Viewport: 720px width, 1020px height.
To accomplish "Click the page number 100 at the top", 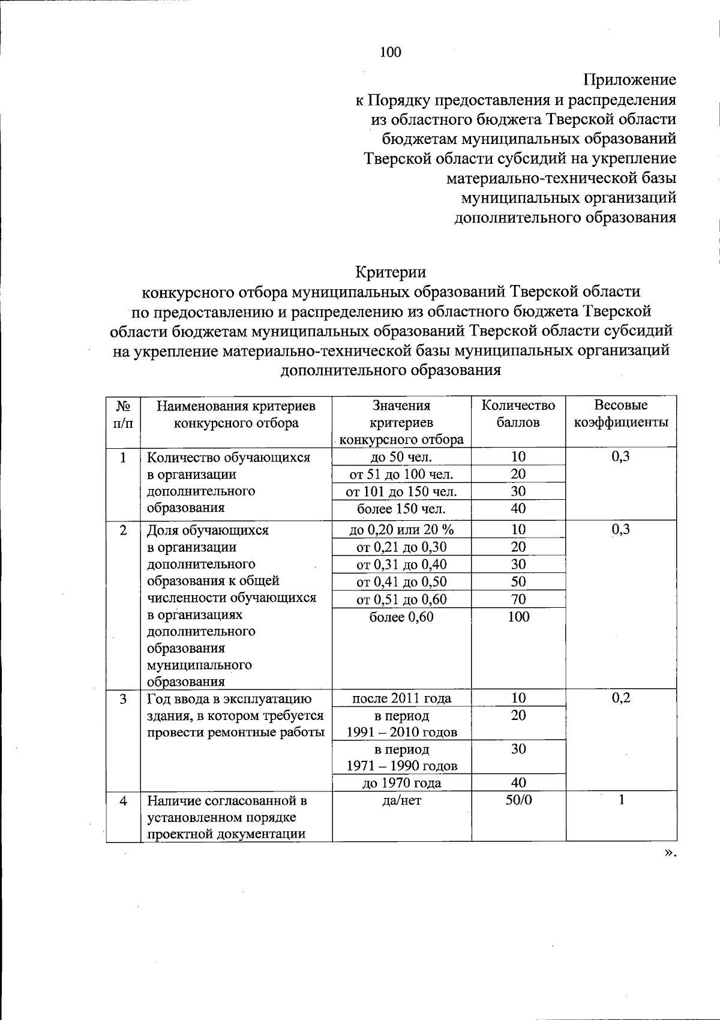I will (390, 53).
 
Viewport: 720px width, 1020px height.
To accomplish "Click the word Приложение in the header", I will (629, 80).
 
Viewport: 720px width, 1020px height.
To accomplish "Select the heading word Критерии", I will (391, 272).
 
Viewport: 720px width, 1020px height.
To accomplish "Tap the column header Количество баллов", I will (518, 414).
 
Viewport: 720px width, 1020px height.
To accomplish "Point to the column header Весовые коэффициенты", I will (621, 414).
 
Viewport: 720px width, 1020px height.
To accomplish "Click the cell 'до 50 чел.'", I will (402, 457).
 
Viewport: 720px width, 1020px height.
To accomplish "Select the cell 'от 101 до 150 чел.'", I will (402, 492).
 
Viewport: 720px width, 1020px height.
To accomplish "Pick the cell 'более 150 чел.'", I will (402, 509).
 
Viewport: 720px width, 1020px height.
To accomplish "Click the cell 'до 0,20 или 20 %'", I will (402, 530).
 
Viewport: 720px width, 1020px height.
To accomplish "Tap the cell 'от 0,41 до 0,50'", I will (402, 582).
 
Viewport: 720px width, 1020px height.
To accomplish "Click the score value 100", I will (518, 617).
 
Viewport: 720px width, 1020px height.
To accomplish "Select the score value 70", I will (518, 599).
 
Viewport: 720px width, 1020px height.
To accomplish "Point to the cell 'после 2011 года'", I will (402, 698).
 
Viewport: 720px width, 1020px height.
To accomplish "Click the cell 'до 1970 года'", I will (402, 783).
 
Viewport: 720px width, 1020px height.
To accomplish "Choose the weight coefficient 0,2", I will (621, 698).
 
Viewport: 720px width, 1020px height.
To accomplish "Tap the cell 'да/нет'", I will (402, 800).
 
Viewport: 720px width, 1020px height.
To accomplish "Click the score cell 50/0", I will (518, 800).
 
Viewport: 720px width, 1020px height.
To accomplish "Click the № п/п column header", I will (123, 414).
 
